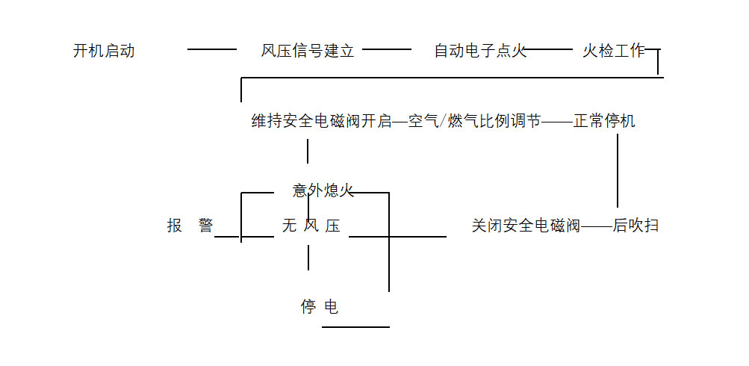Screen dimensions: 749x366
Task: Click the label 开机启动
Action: point(104,51)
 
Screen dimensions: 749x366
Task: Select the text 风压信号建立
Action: point(308,51)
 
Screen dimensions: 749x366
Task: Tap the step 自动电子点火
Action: point(480,51)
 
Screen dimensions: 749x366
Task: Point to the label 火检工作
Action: point(614,51)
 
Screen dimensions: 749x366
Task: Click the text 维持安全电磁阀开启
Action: point(321,121)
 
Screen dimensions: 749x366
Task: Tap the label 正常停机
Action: point(604,121)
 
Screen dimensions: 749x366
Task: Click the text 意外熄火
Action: point(323,191)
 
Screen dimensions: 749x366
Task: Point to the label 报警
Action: point(190,225)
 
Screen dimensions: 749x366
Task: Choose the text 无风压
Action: point(311,225)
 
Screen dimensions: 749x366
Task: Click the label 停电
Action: point(319,307)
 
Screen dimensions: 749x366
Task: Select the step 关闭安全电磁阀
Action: point(526,225)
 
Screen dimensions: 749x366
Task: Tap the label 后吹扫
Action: point(635,225)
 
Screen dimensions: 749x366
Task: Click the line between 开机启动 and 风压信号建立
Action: point(212,49)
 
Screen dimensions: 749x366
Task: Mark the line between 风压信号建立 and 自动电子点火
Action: point(386,49)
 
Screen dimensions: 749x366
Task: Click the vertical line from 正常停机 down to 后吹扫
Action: point(618,170)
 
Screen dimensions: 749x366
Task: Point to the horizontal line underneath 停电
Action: point(356,327)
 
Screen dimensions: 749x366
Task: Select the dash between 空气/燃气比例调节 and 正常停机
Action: point(557,122)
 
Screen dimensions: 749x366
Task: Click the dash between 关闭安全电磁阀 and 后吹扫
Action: point(597,226)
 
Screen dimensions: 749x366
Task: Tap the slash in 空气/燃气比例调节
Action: point(443,121)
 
